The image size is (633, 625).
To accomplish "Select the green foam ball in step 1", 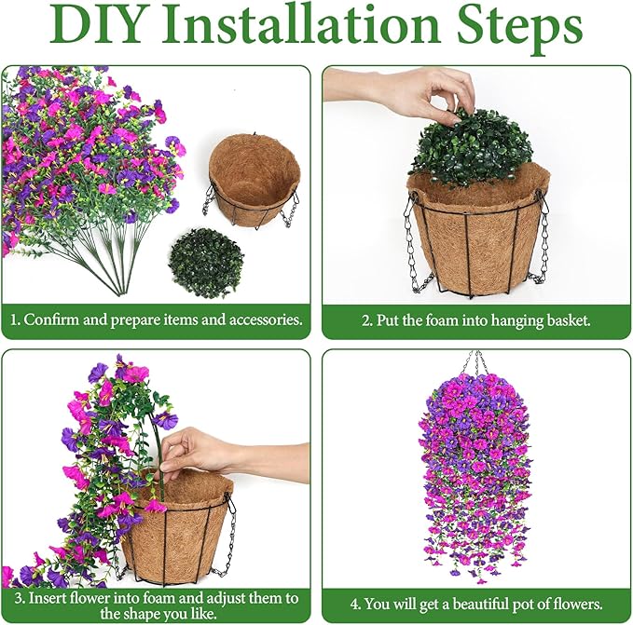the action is [x=207, y=263].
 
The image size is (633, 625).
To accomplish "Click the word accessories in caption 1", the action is [x=266, y=319].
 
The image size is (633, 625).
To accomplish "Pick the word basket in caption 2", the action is [x=569, y=320].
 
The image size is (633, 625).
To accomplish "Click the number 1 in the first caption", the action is [x=14, y=319].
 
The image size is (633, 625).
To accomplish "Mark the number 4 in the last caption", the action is [x=355, y=604].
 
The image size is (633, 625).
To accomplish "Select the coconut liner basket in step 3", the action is [x=178, y=528].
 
